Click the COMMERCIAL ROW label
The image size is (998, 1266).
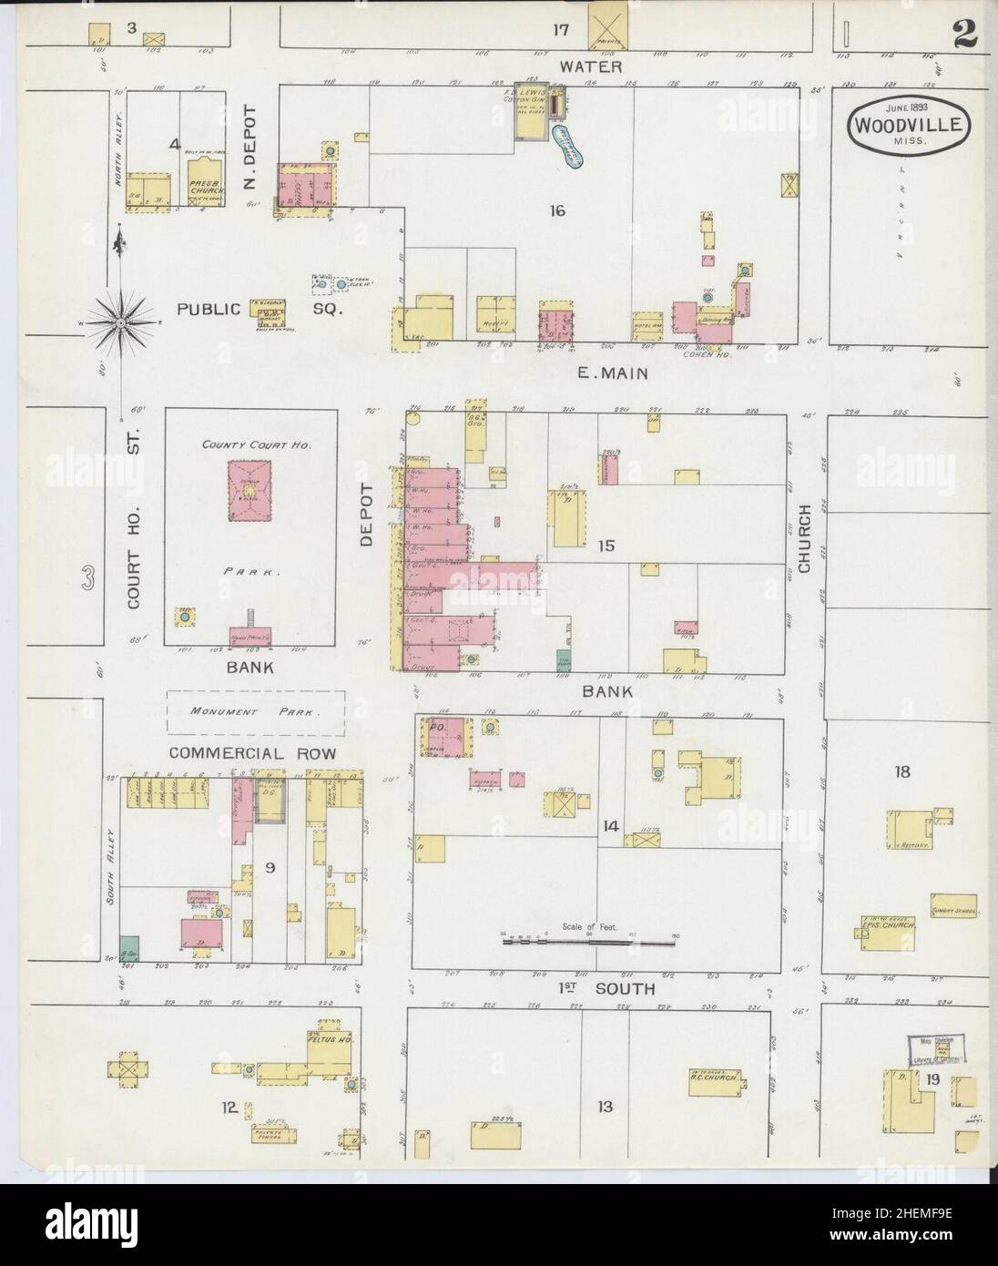pos(252,754)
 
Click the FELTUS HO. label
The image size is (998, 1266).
pos(329,1037)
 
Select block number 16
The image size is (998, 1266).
pos(557,211)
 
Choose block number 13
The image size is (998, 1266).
pos(605,1107)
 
